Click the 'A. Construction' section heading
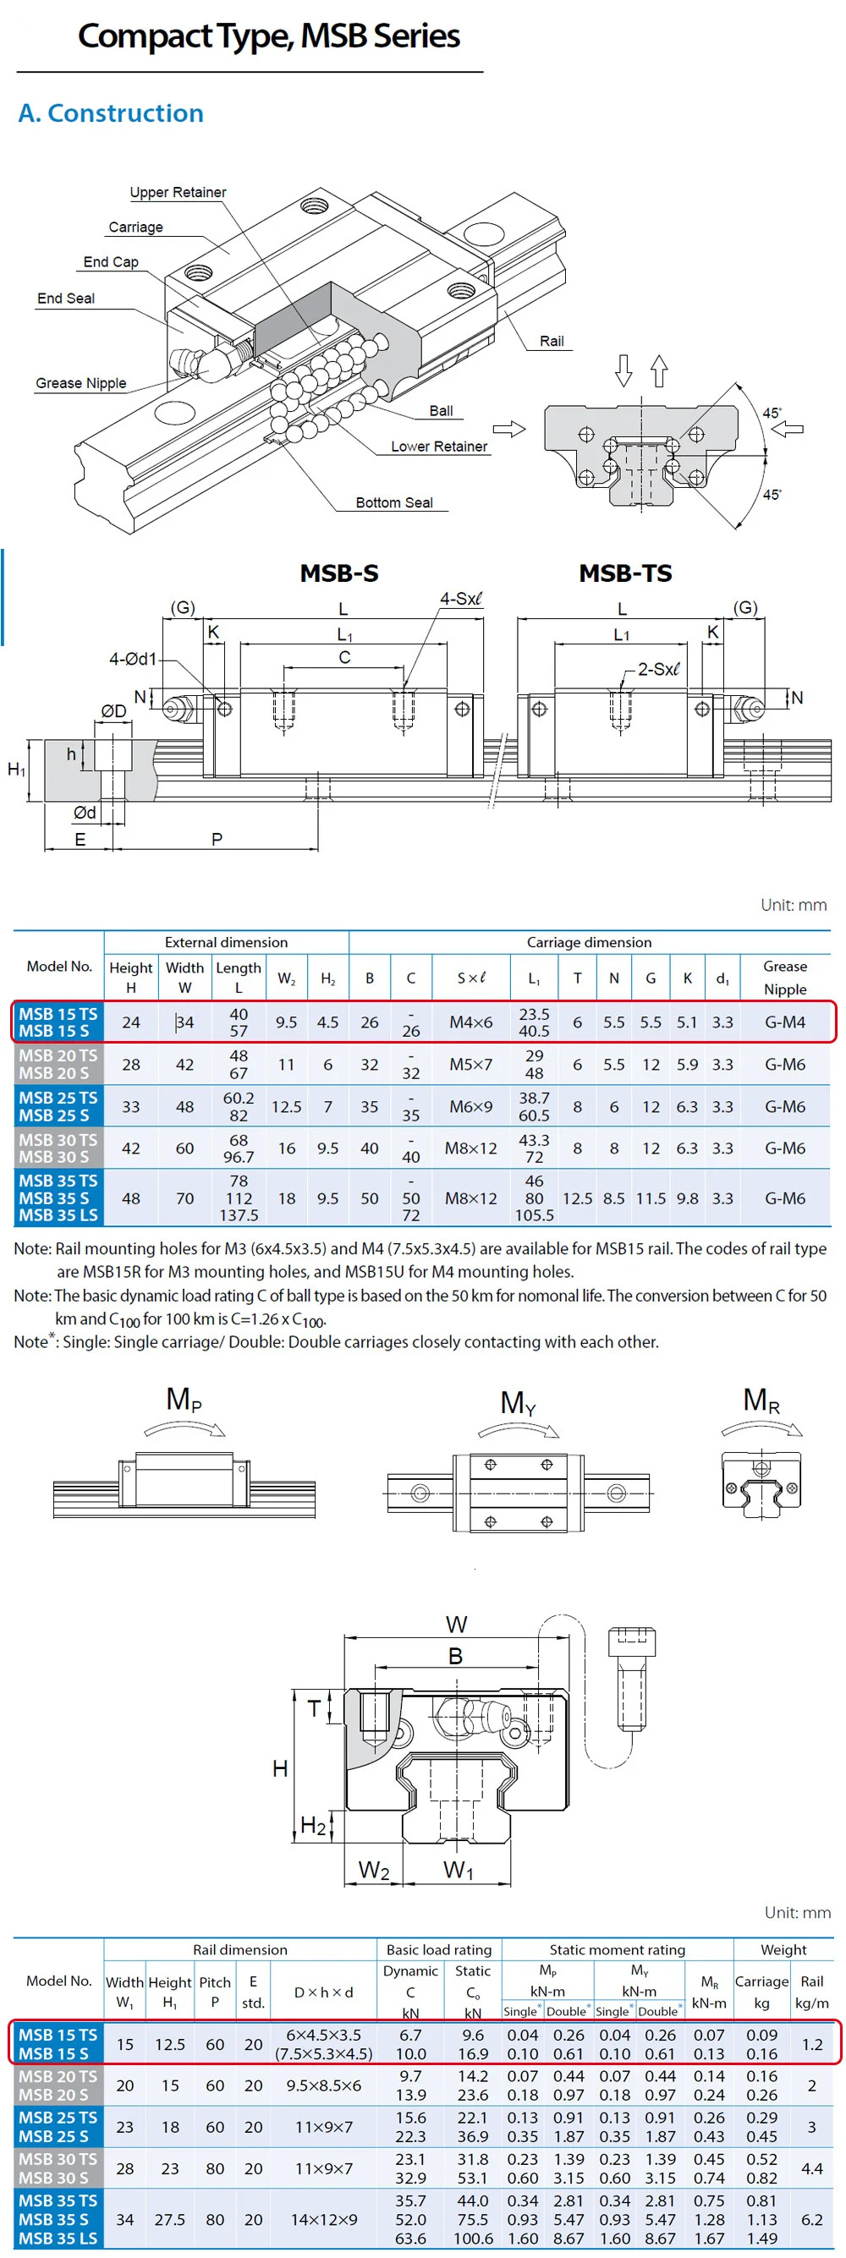[x=111, y=113]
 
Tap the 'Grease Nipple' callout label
[x=80, y=383]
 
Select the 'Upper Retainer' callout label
[x=178, y=192]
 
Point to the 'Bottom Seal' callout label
[x=393, y=502]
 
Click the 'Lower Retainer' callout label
[x=438, y=447]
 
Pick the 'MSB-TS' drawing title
[x=625, y=573]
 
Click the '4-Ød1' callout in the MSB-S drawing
[x=132, y=658]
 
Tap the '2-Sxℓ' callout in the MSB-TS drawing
[x=657, y=669]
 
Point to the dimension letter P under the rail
[x=217, y=839]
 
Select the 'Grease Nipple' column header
[x=784, y=978]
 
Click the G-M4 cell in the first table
[x=784, y=1022]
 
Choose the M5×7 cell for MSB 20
[x=470, y=1064]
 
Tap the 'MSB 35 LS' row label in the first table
[x=58, y=1215]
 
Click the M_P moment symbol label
[x=184, y=1399]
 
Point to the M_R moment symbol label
[x=761, y=1400]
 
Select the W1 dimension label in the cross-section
[x=458, y=1870]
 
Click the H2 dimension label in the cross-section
[x=313, y=1825]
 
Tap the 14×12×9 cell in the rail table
[x=323, y=2218]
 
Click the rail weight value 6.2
[x=812, y=2218]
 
